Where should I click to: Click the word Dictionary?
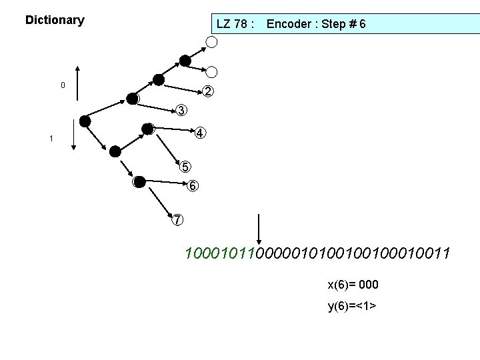55,20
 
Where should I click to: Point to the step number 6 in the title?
361,25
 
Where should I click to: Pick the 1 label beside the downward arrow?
51,139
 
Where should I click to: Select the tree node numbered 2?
209,91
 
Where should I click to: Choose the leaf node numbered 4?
200,133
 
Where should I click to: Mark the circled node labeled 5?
185,166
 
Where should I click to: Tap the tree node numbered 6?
192,186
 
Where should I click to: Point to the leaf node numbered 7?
177,219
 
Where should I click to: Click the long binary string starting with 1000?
317,254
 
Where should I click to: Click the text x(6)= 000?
353,285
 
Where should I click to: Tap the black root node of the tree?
85,121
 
